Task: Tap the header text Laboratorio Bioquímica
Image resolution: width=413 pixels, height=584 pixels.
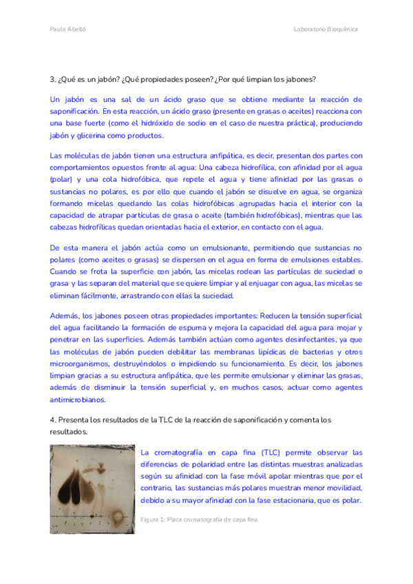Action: [326, 30]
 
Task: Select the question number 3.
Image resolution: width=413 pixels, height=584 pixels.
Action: [52, 79]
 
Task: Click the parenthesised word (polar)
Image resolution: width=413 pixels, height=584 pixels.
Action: [61, 180]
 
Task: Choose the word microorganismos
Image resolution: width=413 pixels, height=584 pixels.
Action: [80, 363]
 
